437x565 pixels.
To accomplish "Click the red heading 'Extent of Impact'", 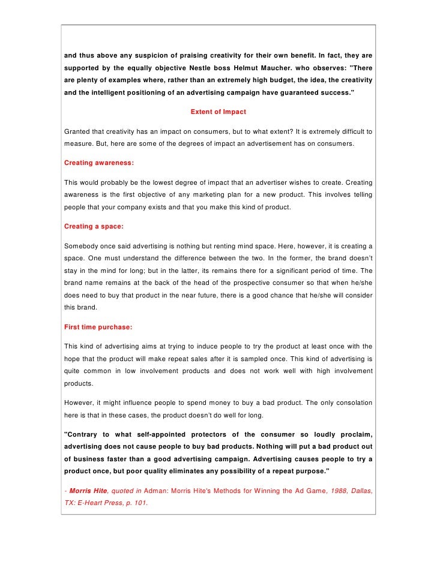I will [218, 112].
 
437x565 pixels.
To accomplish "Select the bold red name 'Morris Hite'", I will [89, 491].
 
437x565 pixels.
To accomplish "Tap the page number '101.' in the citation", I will [139, 504].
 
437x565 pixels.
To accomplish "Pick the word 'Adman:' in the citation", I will [157, 491].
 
